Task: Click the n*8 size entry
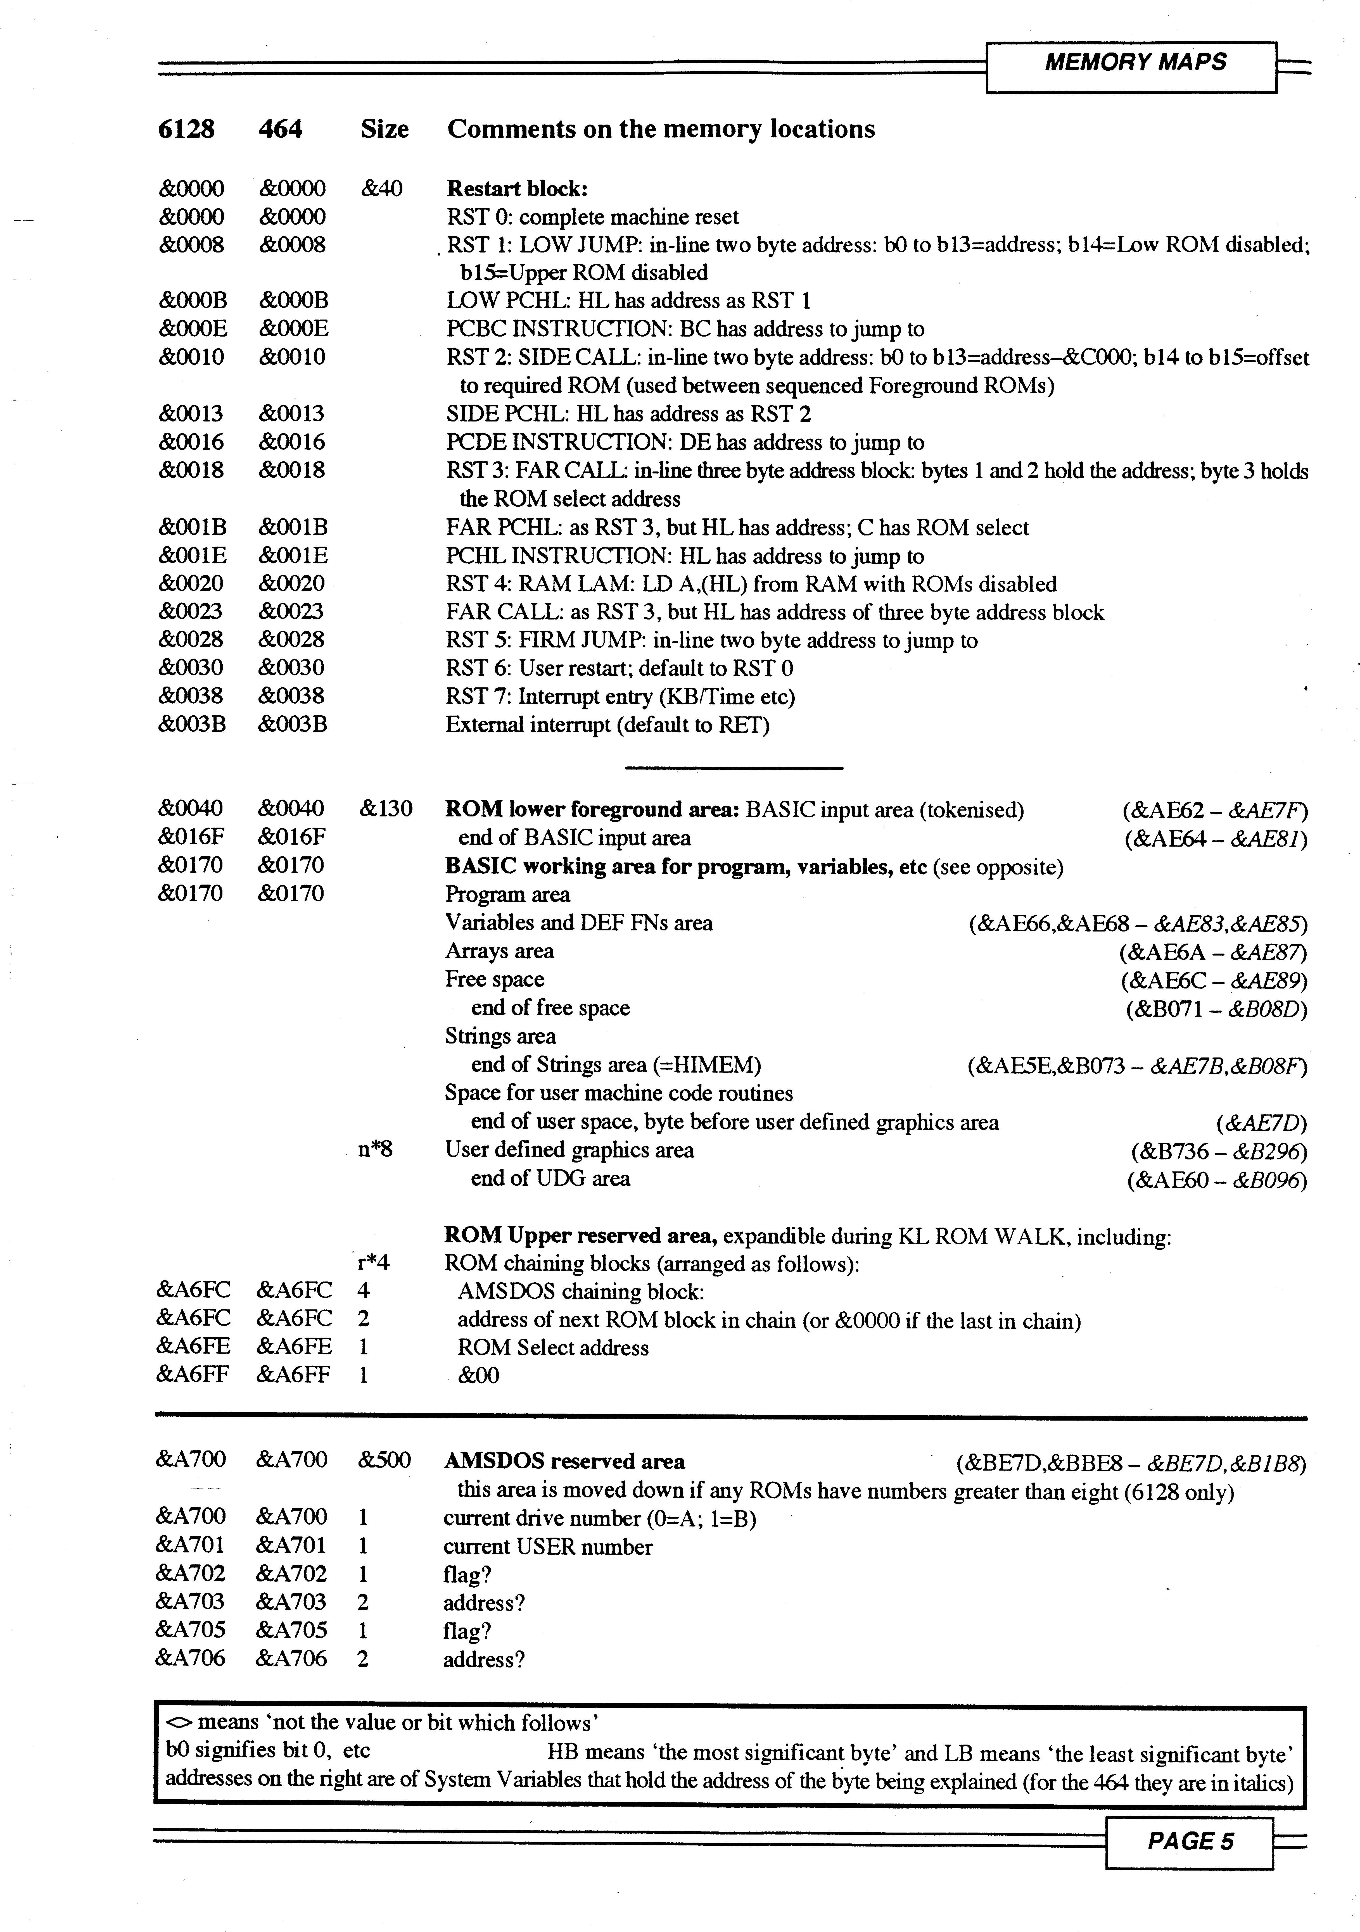(375, 1149)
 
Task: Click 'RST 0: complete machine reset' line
(592, 217)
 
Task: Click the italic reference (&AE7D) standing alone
(1261, 1123)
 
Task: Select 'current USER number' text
(548, 1547)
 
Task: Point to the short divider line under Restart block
(734, 768)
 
